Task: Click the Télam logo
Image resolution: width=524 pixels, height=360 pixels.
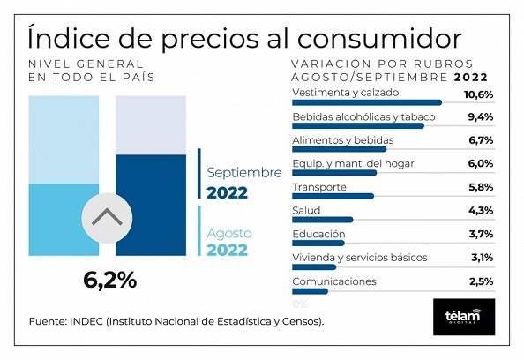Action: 464,317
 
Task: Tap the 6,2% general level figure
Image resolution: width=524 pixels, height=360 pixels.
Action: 110,280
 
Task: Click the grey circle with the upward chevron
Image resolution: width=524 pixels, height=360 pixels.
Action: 107,218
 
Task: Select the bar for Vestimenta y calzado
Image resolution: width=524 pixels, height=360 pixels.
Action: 367,102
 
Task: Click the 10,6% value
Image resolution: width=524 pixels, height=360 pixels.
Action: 478,94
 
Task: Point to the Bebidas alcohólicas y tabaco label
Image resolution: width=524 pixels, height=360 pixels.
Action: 363,117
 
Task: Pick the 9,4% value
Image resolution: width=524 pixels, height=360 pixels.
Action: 481,117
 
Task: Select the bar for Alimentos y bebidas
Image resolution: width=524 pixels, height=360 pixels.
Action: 340,149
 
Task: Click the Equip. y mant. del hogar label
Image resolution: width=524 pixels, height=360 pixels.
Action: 353,164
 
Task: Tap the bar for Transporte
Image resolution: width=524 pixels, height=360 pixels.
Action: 333,196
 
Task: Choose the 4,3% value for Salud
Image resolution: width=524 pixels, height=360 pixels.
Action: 481,211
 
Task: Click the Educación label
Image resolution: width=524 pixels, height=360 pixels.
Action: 318,234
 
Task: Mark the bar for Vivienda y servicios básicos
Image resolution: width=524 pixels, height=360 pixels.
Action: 314,266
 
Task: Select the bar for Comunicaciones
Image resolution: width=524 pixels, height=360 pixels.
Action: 311,291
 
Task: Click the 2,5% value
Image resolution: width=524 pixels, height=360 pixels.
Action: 481,281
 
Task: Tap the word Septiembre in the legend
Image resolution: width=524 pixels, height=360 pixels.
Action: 244,173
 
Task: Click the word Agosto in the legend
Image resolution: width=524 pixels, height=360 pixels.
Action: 229,233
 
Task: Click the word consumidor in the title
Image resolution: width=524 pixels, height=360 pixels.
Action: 379,39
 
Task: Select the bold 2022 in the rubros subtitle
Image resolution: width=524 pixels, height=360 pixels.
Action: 471,78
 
